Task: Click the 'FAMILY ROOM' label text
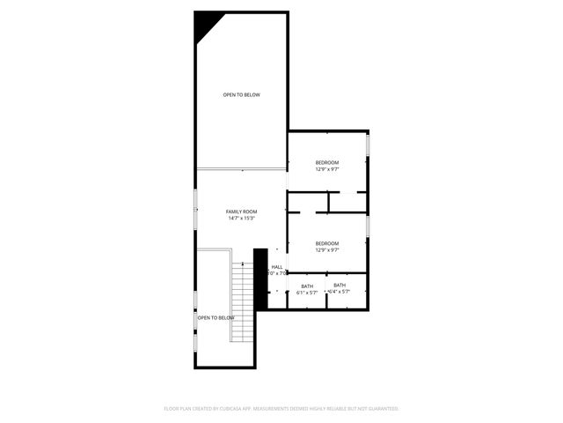(241, 211)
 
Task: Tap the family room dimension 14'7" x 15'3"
(241, 219)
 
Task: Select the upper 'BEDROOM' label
(327, 162)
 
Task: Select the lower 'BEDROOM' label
(327, 243)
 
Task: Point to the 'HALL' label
(277, 267)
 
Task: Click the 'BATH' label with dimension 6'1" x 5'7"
(307, 286)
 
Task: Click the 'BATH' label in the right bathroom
(340, 286)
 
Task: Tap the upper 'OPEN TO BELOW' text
(241, 95)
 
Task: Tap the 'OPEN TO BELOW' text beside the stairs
(216, 317)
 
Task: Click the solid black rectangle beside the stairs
(260, 278)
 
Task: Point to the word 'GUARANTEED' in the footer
(382, 409)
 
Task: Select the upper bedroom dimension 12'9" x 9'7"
(327, 169)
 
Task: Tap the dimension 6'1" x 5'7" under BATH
(307, 293)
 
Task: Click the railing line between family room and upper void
(241, 168)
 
